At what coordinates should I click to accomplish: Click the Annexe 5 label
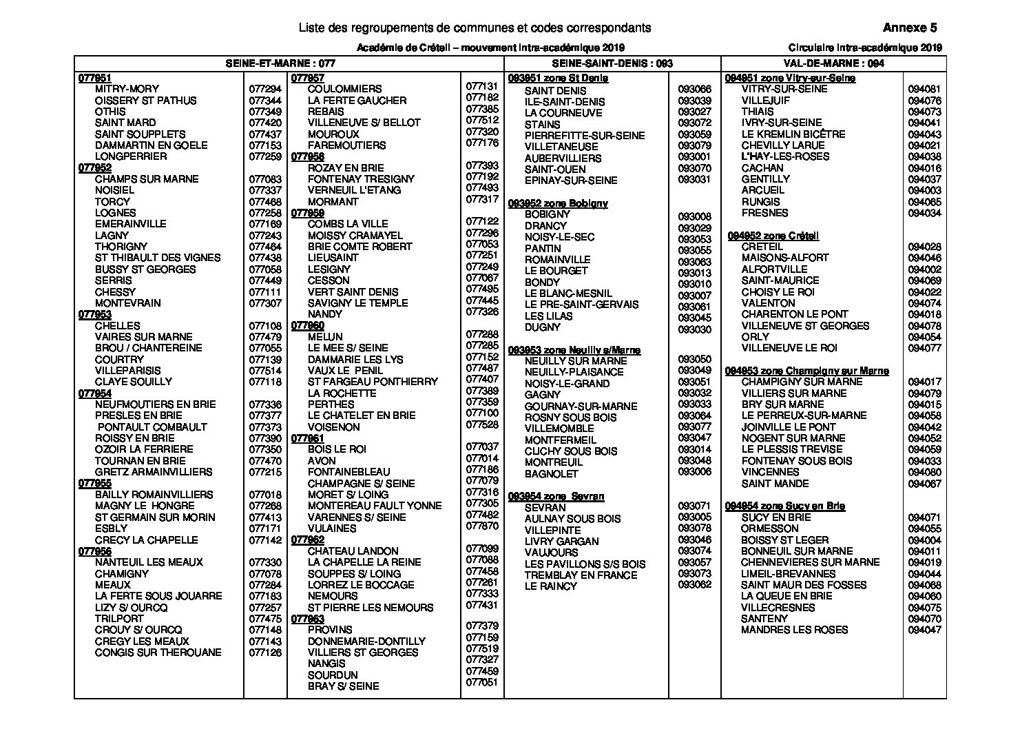909,28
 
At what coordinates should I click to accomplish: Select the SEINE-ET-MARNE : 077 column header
281,63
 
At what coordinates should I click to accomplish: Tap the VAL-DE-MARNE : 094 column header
833,63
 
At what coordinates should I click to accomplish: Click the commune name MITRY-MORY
127,89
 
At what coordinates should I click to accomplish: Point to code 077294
265,90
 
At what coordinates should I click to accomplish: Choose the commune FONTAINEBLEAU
348,472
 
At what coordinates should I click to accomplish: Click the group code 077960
308,325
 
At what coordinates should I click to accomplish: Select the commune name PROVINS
330,630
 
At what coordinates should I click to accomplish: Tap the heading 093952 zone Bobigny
558,203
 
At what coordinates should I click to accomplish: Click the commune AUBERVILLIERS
563,158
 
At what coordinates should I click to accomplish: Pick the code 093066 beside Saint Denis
694,90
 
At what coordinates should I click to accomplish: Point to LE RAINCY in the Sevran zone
550,586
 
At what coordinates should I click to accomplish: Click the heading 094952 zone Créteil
773,236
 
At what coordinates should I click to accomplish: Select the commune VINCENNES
770,472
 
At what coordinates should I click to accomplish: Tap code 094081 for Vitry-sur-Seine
924,90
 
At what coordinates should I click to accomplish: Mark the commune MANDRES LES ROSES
794,630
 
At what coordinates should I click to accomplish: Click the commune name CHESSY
115,292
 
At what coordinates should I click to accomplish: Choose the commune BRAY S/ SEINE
343,686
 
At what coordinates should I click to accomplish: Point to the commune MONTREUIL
553,462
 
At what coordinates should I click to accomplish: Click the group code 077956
95,551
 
